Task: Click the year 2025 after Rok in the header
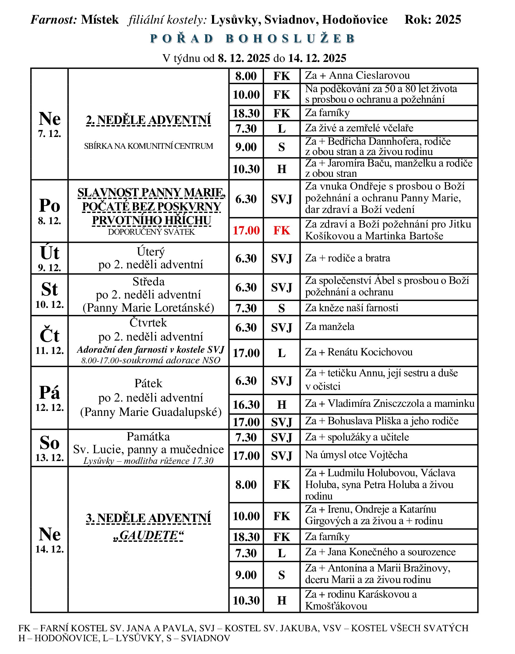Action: coord(448,20)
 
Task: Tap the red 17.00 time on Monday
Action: coord(246,230)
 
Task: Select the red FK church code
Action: coord(281,230)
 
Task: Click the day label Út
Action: coord(50,253)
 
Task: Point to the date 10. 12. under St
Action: coord(50,304)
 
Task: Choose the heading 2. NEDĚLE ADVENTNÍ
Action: coord(149,120)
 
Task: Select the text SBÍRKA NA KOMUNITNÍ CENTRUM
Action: coord(149,146)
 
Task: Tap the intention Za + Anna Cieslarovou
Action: coord(357,76)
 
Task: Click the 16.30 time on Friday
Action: coord(246,405)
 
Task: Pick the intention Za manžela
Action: coord(330,327)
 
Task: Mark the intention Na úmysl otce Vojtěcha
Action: coord(356,455)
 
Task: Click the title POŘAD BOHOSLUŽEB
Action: coord(253,39)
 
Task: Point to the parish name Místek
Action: coord(100,20)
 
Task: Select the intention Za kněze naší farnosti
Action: coord(352,308)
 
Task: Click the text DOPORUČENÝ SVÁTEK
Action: coord(151,232)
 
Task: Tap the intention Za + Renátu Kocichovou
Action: coord(359,352)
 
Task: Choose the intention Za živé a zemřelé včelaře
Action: coord(359,128)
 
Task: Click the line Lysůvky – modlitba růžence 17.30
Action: coord(148,461)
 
